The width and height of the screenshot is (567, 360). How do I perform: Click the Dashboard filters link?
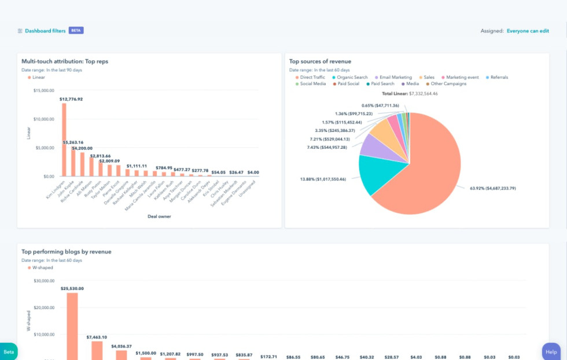45,31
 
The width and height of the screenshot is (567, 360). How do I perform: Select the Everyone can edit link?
528,31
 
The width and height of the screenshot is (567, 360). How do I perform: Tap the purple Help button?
551,351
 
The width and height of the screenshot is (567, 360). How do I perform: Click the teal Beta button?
9,351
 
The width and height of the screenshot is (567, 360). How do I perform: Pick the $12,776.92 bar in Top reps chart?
64,139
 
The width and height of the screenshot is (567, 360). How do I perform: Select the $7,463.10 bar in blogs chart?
97,350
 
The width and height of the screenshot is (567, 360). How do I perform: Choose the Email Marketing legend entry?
395,77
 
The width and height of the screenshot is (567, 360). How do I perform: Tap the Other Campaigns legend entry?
449,84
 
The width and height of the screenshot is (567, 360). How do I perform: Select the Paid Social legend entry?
348,84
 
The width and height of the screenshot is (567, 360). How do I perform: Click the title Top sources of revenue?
320,61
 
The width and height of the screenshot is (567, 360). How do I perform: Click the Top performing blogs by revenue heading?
67,252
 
